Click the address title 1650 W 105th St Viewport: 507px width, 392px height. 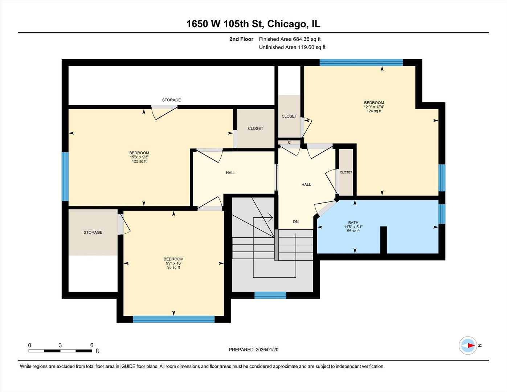pos(253,24)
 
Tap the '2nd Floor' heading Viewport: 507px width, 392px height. pos(241,39)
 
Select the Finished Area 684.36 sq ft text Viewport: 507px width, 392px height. pos(290,39)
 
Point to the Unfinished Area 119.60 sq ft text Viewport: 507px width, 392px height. pos(292,48)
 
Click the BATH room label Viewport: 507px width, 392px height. pos(353,223)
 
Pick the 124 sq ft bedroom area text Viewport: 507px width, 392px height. pos(374,111)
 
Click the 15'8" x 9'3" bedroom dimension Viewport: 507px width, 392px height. pos(139,157)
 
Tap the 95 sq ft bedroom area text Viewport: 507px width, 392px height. pos(173,268)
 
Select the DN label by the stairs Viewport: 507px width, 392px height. pos(296,222)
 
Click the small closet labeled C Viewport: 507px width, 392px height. pos(289,142)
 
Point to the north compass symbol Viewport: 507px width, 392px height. pos(468,346)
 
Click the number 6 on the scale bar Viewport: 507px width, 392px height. pos(92,346)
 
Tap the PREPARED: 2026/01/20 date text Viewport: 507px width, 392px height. pos(253,350)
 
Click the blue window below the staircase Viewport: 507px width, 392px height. pos(270,295)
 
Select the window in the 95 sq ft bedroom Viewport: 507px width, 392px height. pos(173,319)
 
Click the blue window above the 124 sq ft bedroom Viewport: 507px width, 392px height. pos(361,62)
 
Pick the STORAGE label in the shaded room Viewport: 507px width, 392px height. pos(93,232)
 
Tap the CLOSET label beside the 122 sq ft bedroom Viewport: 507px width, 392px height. pos(255,128)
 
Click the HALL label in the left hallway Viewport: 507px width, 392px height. pos(230,173)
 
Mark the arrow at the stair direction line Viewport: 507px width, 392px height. pos(270,218)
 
